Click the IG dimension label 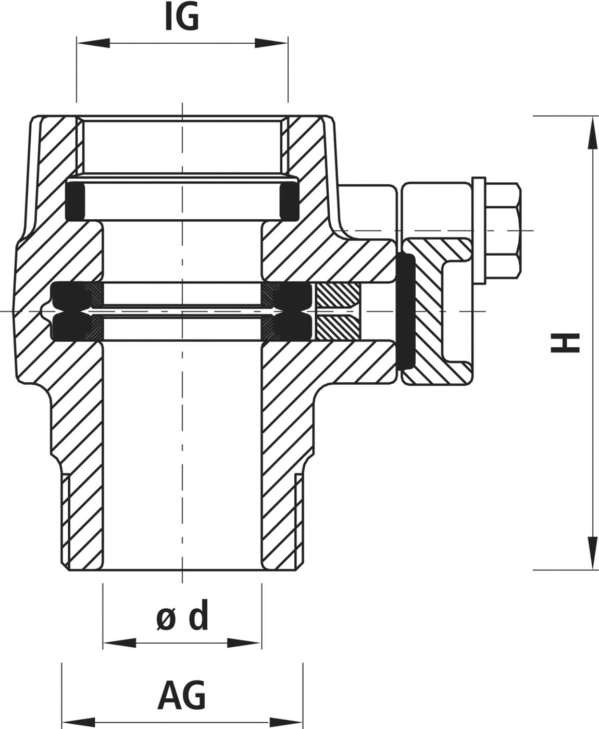(x=182, y=19)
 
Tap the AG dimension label (x=182, y=696)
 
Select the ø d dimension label (x=182, y=617)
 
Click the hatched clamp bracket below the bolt (x=438, y=312)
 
